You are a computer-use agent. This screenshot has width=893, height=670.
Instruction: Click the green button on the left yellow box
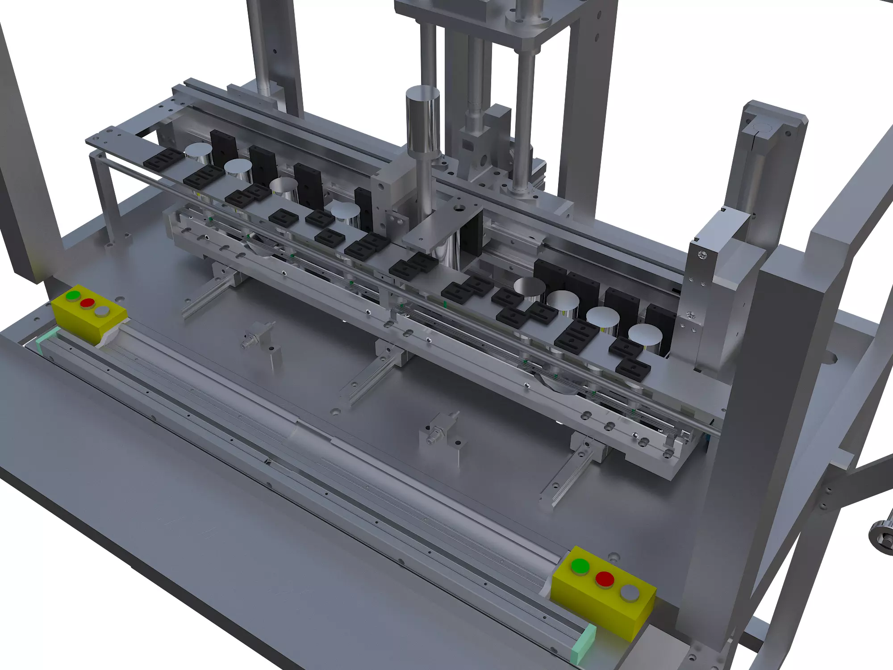(73, 295)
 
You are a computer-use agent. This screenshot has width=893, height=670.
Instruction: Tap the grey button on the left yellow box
(102, 311)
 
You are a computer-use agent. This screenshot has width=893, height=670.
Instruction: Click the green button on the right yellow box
(580, 566)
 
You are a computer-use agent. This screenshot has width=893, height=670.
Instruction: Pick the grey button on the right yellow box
(630, 593)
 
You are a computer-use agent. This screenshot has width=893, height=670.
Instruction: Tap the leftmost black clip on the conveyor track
(163, 159)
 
